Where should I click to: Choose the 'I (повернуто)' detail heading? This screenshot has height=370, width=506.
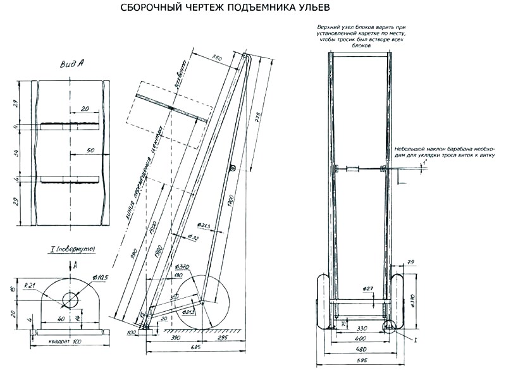tap(71, 250)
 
